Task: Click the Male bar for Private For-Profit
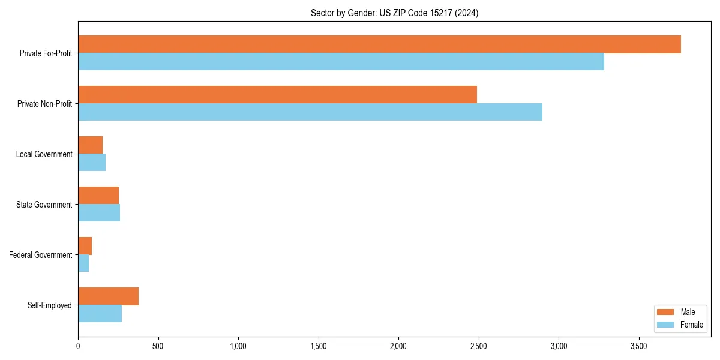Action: coord(379,44)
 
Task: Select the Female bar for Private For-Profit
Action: coord(341,62)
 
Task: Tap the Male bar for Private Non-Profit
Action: coord(277,95)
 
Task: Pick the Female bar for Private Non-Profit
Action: coord(310,112)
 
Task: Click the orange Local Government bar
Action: coord(90,145)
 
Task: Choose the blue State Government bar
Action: coord(99,213)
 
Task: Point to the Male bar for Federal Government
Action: coord(85,246)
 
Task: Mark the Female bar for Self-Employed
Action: coord(100,314)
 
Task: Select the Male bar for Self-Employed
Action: coord(108,296)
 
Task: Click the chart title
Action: coord(394,13)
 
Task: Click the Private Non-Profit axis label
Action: coord(44,104)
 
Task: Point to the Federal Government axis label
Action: coord(41,255)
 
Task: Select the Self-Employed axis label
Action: coord(50,305)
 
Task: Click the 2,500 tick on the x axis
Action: coord(478,346)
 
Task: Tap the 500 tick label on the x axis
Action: coord(158,346)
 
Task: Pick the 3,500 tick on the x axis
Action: coord(638,346)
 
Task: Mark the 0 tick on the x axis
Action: coord(78,346)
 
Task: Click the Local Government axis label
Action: coord(44,154)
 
